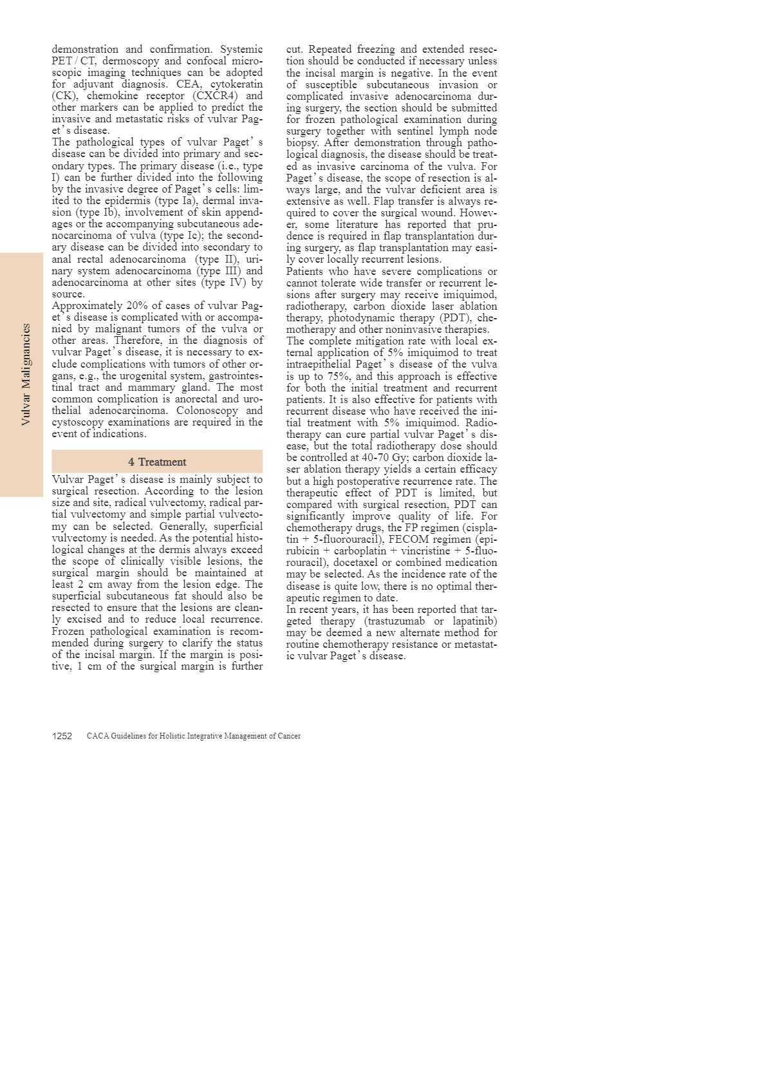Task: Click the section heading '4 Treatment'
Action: pos(157,462)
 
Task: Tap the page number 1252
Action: pos(62,736)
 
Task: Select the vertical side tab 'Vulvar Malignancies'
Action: pos(26,374)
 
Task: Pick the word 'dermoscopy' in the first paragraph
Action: pos(131,61)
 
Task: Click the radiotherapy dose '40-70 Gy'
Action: pos(384,458)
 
